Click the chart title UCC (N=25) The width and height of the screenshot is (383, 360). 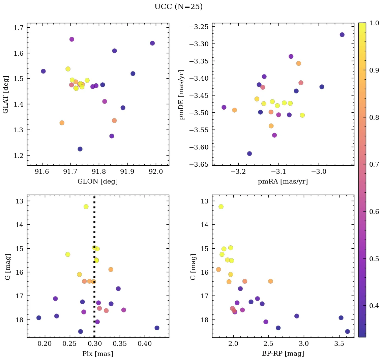coord(178,7)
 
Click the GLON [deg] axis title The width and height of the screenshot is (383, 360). coord(98,182)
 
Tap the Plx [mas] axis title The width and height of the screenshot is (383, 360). coord(98,354)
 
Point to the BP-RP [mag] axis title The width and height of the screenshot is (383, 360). coord(283,354)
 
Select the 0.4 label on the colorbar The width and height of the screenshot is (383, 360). coord(374,306)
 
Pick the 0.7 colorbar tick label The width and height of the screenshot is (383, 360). coord(374,165)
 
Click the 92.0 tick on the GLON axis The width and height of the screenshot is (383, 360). coord(156,172)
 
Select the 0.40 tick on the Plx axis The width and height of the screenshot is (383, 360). coord(145,343)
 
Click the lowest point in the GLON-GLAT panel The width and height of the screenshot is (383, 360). coord(80,149)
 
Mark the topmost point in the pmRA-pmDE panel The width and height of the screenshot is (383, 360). coord(342,35)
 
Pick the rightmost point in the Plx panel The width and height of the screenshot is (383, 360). coord(157,328)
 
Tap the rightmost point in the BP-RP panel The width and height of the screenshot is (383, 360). coord(347,332)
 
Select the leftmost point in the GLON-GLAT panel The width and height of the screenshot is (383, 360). coord(43,71)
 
